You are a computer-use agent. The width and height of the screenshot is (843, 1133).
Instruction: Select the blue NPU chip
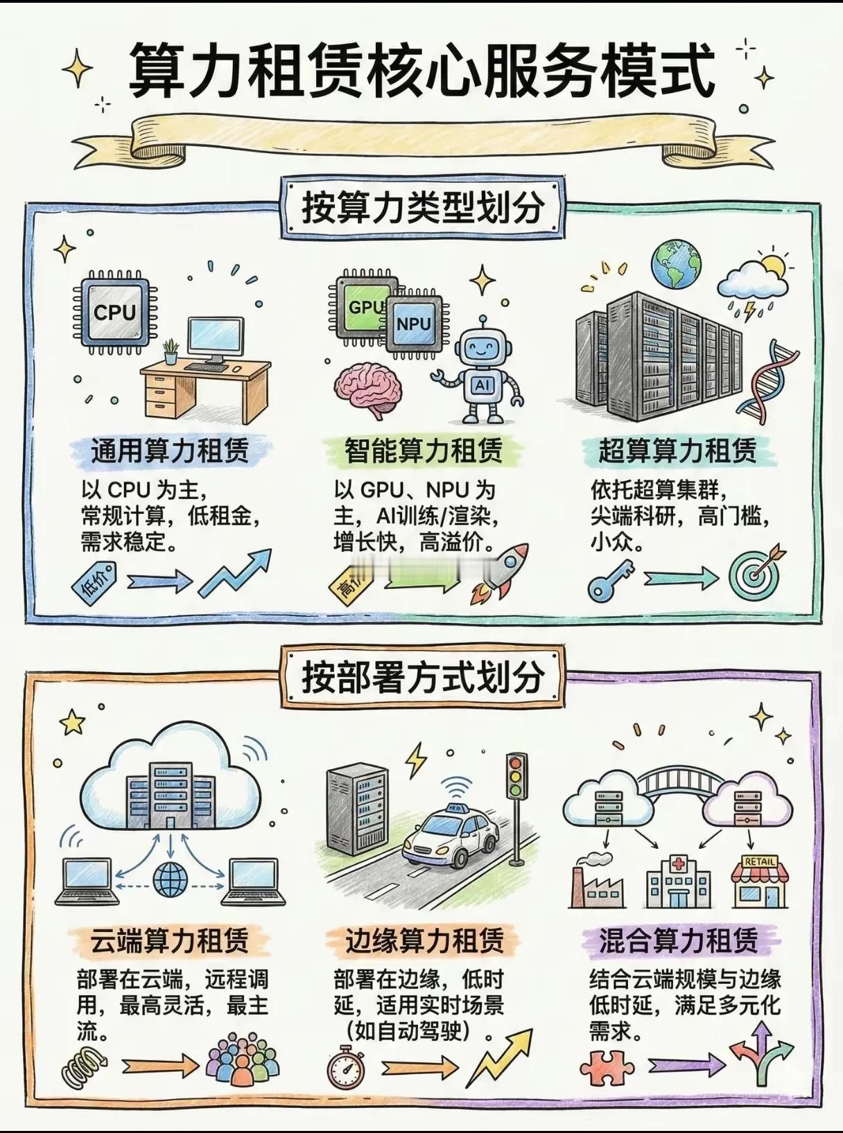[x=413, y=323]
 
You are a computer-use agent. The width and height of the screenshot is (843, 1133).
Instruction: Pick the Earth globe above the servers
[x=675, y=264]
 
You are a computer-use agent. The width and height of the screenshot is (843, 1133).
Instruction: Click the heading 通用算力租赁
[x=170, y=452]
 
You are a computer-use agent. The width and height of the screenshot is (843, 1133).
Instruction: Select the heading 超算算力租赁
[x=677, y=452]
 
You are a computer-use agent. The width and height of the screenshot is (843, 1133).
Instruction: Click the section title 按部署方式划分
[x=422, y=677]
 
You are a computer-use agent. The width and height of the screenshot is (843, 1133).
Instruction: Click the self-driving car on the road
[x=451, y=838]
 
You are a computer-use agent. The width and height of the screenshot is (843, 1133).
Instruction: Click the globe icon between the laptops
[x=170, y=880]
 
